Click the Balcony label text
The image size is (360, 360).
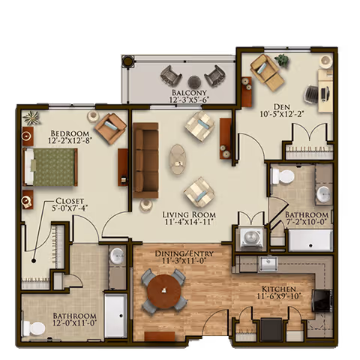pyautogui.click(x=189, y=94)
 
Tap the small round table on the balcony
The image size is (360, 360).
pyautogui.click(x=193, y=81)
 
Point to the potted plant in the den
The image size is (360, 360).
pyautogui.click(x=282, y=60)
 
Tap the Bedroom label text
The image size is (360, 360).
pyautogui.click(x=67, y=135)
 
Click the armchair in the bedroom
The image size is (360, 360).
pyautogui.click(x=110, y=128)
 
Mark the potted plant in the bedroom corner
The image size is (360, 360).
pyautogui.click(x=31, y=118)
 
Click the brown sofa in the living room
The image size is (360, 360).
pyautogui.click(x=145, y=160)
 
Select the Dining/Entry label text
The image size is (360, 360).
pyautogui.click(x=179, y=254)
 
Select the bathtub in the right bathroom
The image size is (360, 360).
pyautogui.click(x=310, y=240)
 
